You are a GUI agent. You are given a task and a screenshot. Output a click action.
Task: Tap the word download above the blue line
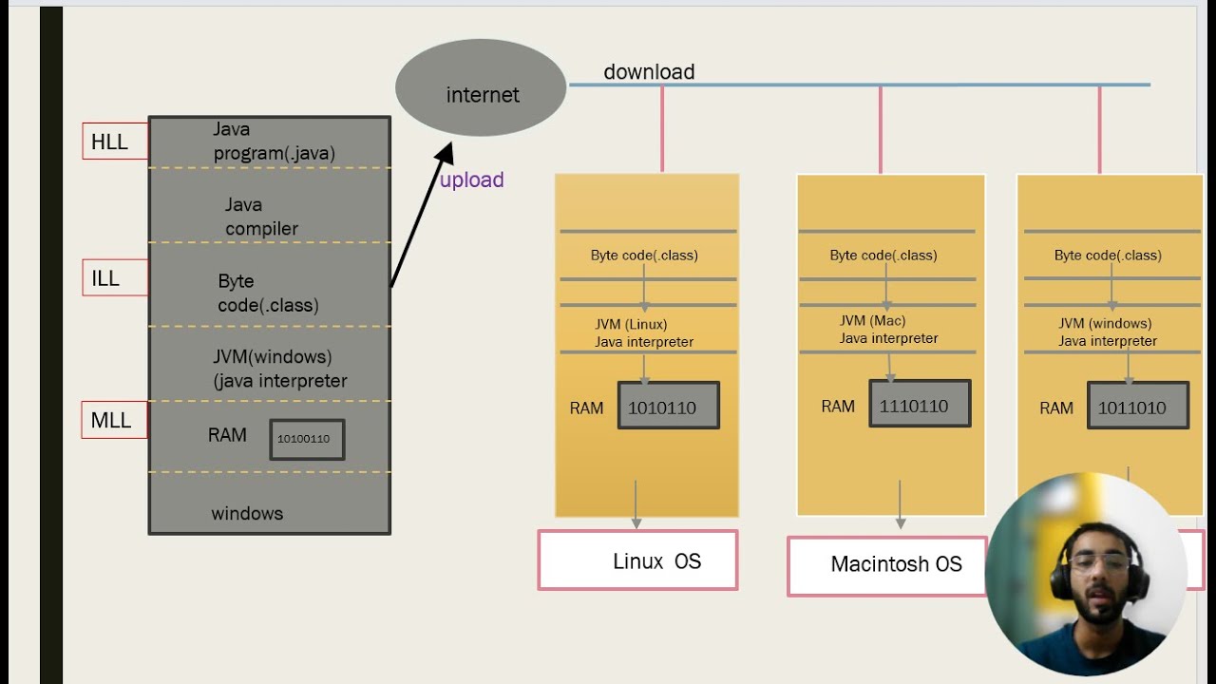coord(649,72)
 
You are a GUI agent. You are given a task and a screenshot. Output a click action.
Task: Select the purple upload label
coord(471,180)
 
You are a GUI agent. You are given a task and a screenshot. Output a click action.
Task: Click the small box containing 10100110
coord(307,440)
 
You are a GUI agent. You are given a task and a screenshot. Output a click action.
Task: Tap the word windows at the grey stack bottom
coord(247,513)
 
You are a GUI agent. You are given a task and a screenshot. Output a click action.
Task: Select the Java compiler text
coord(261,217)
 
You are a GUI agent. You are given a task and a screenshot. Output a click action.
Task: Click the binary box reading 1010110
coord(668,406)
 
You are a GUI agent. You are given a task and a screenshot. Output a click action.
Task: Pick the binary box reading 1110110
coord(919,404)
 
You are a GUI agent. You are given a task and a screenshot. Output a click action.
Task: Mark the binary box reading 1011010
coord(1137,406)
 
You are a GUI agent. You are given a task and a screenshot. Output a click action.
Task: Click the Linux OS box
coord(637,560)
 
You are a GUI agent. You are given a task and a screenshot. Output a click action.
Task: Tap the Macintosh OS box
coord(887,565)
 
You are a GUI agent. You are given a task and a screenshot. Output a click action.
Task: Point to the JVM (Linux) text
coord(632,325)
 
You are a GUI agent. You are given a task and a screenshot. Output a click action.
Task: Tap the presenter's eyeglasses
coord(1098,562)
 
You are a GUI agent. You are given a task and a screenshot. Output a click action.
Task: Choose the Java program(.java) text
coord(273,141)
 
